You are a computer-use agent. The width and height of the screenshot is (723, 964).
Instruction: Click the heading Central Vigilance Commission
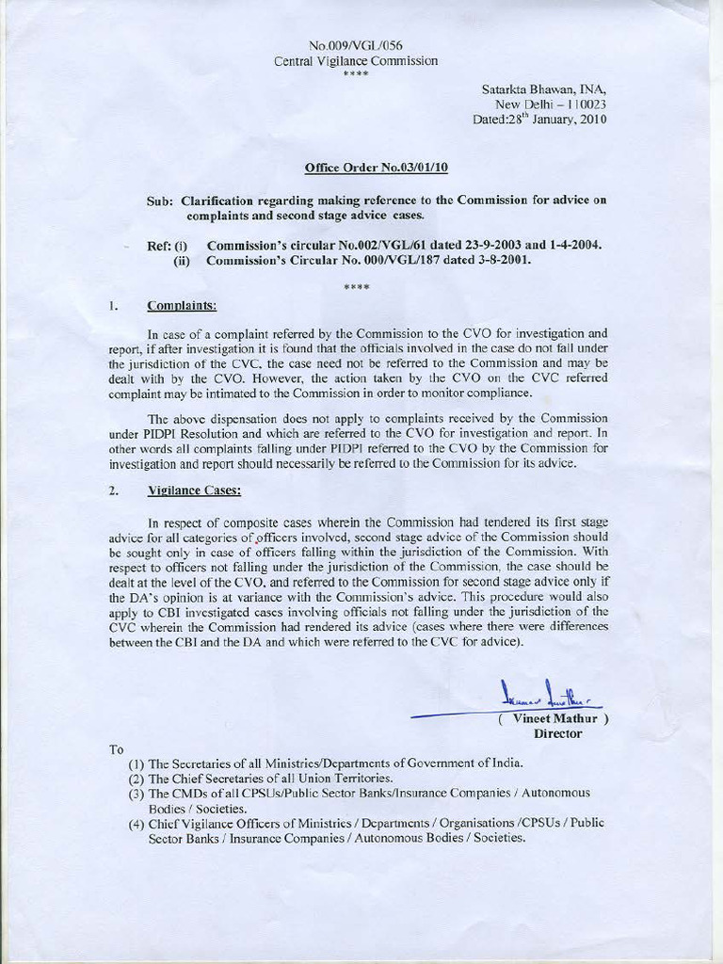click(356, 61)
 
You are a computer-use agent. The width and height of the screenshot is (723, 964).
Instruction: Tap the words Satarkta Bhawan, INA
click(544, 90)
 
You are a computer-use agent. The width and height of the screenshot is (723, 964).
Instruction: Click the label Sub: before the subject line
click(161, 201)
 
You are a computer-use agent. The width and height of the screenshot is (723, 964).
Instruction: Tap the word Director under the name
click(557, 733)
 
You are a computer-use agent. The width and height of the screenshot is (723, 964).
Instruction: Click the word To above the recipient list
click(117, 749)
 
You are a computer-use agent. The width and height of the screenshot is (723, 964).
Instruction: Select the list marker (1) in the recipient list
click(136, 763)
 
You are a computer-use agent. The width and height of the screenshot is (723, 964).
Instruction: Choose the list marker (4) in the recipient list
click(136, 823)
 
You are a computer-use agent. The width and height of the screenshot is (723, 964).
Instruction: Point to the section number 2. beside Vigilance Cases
click(113, 490)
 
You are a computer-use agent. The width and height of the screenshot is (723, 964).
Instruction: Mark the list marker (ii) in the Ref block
click(183, 261)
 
